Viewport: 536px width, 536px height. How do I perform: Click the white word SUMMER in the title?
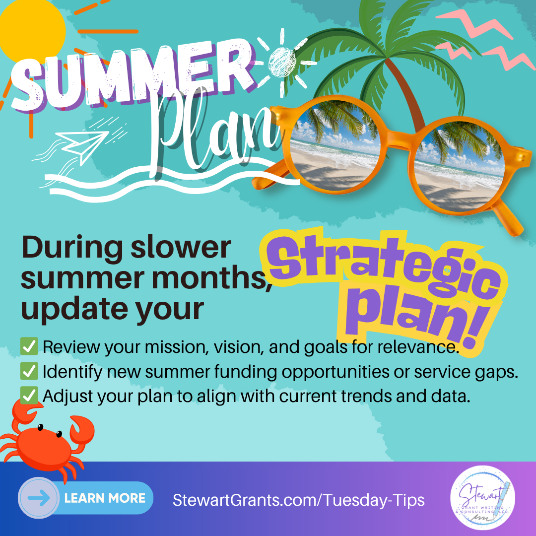click(x=134, y=76)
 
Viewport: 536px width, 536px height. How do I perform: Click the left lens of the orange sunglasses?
click(x=335, y=147)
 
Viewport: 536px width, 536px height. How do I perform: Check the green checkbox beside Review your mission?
click(x=29, y=346)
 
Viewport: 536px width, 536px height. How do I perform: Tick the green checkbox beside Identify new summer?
click(x=29, y=371)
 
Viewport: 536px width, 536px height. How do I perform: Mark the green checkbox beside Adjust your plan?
click(x=29, y=396)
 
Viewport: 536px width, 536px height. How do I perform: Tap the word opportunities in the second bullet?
click(x=335, y=372)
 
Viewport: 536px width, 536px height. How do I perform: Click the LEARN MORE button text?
click(x=105, y=498)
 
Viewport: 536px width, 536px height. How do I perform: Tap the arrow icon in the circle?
click(x=39, y=498)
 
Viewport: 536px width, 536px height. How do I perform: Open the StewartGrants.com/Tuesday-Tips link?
click(x=298, y=500)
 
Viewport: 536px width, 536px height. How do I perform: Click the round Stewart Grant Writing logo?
click(x=482, y=497)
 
